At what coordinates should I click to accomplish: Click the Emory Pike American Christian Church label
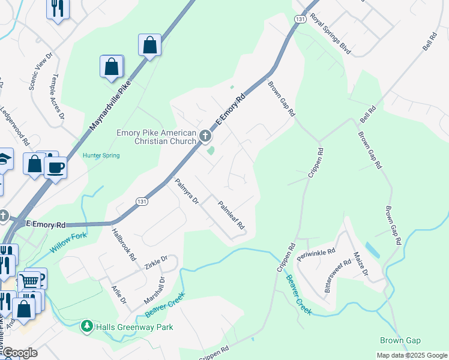[x=156, y=137]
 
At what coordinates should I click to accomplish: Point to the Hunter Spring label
[x=101, y=156]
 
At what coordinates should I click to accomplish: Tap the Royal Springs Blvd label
[x=330, y=35]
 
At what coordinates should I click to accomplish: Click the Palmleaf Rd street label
[x=232, y=215]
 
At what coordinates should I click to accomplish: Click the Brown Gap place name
[x=400, y=340]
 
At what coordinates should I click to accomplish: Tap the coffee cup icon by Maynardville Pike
[x=56, y=167]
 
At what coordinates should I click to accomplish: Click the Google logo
[x=19, y=353]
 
